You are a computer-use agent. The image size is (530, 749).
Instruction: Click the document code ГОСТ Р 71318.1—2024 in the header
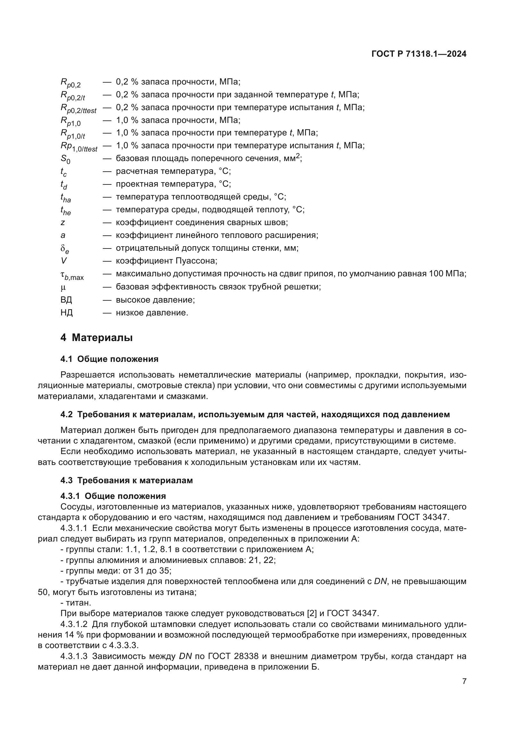coord(419,54)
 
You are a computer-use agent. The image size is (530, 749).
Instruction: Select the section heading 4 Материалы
coord(96,338)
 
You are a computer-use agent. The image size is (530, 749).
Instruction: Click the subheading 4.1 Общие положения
coord(109,359)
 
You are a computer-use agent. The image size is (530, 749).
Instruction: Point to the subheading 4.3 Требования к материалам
coord(126,481)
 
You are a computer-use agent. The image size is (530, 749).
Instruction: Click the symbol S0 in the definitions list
coord(65,159)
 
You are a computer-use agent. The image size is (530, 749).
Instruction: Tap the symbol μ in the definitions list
coord(63,287)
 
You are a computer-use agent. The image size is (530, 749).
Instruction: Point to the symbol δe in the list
coord(65,249)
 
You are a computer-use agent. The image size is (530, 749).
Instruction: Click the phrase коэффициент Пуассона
coord(166,261)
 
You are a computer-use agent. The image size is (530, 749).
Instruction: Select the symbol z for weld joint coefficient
coord(63,223)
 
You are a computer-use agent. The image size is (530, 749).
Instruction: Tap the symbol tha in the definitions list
coord(65,198)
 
